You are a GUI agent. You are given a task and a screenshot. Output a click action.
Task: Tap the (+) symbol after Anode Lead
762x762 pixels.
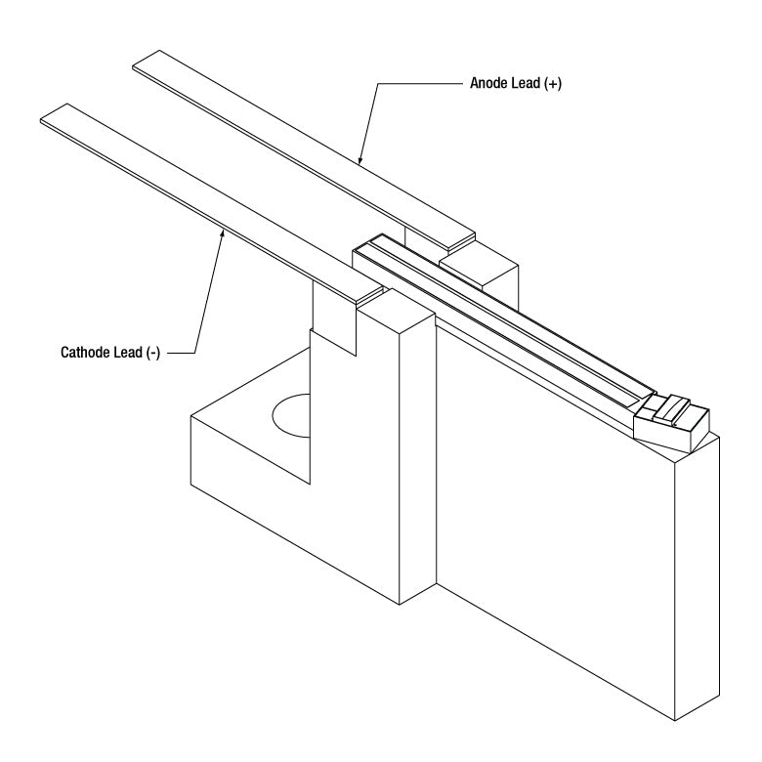click(x=553, y=84)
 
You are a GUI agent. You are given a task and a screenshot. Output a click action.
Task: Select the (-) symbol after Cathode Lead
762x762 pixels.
click(x=153, y=353)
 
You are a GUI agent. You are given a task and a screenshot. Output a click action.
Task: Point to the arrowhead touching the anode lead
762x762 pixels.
click(x=360, y=159)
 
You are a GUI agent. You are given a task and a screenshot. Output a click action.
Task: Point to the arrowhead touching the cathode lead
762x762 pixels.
click(x=223, y=233)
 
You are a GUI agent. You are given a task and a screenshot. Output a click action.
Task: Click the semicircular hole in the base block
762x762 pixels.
click(x=290, y=415)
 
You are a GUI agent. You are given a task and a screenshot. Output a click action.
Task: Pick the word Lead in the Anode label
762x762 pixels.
click(x=526, y=83)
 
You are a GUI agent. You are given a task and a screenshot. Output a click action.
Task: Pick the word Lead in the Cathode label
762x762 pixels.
click(x=128, y=352)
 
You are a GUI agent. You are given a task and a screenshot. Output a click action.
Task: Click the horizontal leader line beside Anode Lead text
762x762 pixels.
click(x=420, y=84)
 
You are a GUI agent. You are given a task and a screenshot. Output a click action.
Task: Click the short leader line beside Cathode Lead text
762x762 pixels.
click(x=182, y=353)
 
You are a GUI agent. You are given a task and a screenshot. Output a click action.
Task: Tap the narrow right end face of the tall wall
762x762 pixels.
click(x=698, y=578)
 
